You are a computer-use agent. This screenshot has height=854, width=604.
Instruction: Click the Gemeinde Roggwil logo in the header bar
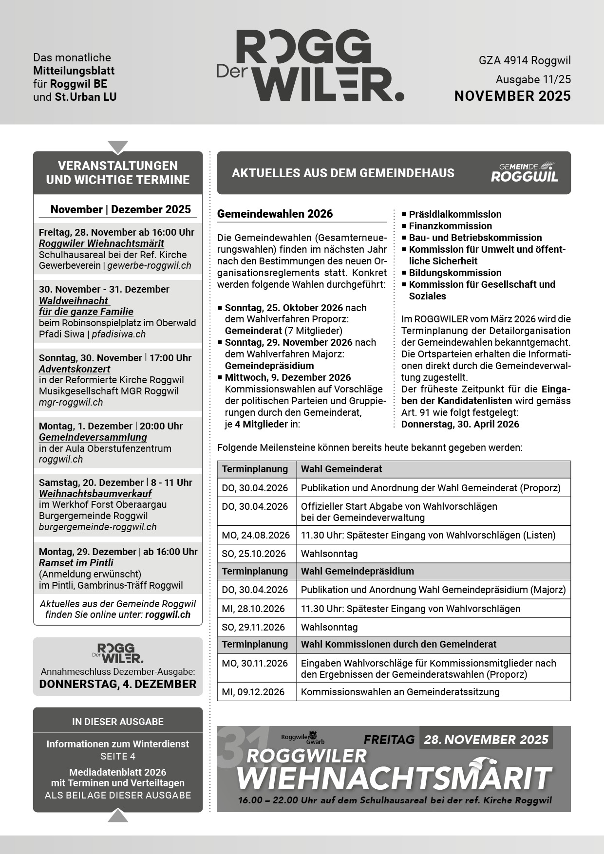tap(524, 172)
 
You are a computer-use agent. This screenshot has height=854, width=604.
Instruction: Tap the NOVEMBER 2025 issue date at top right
tap(512, 96)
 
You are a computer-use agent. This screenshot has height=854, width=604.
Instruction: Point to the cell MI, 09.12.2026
tap(253, 692)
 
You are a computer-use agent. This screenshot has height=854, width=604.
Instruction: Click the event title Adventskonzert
tap(75, 369)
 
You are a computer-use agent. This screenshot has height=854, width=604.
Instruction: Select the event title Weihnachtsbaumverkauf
tap(95, 493)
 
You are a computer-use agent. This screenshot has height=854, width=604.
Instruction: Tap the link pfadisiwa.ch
tap(119, 334)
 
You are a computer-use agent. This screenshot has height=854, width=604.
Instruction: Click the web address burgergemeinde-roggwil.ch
tap(98, 527)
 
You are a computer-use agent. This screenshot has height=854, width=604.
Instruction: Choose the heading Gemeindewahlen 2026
tap(275, 214)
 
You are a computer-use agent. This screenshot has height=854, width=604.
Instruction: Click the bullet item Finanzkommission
tap(450, 226)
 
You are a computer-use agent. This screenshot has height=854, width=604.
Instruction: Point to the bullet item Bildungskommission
tap(455, 273)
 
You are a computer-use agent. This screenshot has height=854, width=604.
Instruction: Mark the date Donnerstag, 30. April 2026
tap(460, 424)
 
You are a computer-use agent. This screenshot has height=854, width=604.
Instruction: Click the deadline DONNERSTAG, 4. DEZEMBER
tap(118, 684)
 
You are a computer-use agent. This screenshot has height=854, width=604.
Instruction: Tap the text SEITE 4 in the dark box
tap(118, 756)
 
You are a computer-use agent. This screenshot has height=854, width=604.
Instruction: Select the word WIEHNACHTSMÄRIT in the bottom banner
tap(394, 778)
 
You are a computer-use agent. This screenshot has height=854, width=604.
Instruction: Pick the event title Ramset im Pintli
tap(76, 563)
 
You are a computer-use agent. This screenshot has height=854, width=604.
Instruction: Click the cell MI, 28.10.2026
tap(253, 609)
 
